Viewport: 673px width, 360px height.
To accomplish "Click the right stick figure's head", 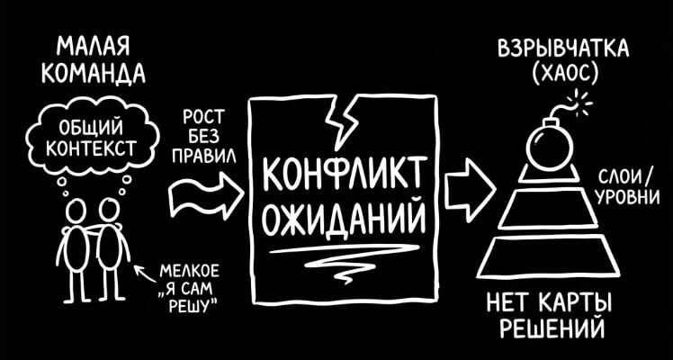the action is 110,209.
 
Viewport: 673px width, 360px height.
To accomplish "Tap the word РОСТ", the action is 204,117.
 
